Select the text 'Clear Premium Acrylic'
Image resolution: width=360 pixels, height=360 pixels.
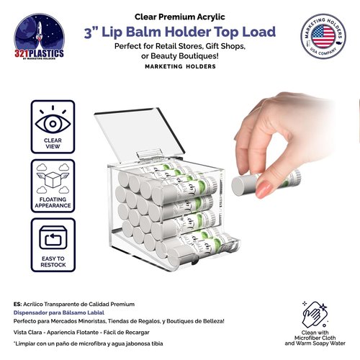[x=179, y=15]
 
